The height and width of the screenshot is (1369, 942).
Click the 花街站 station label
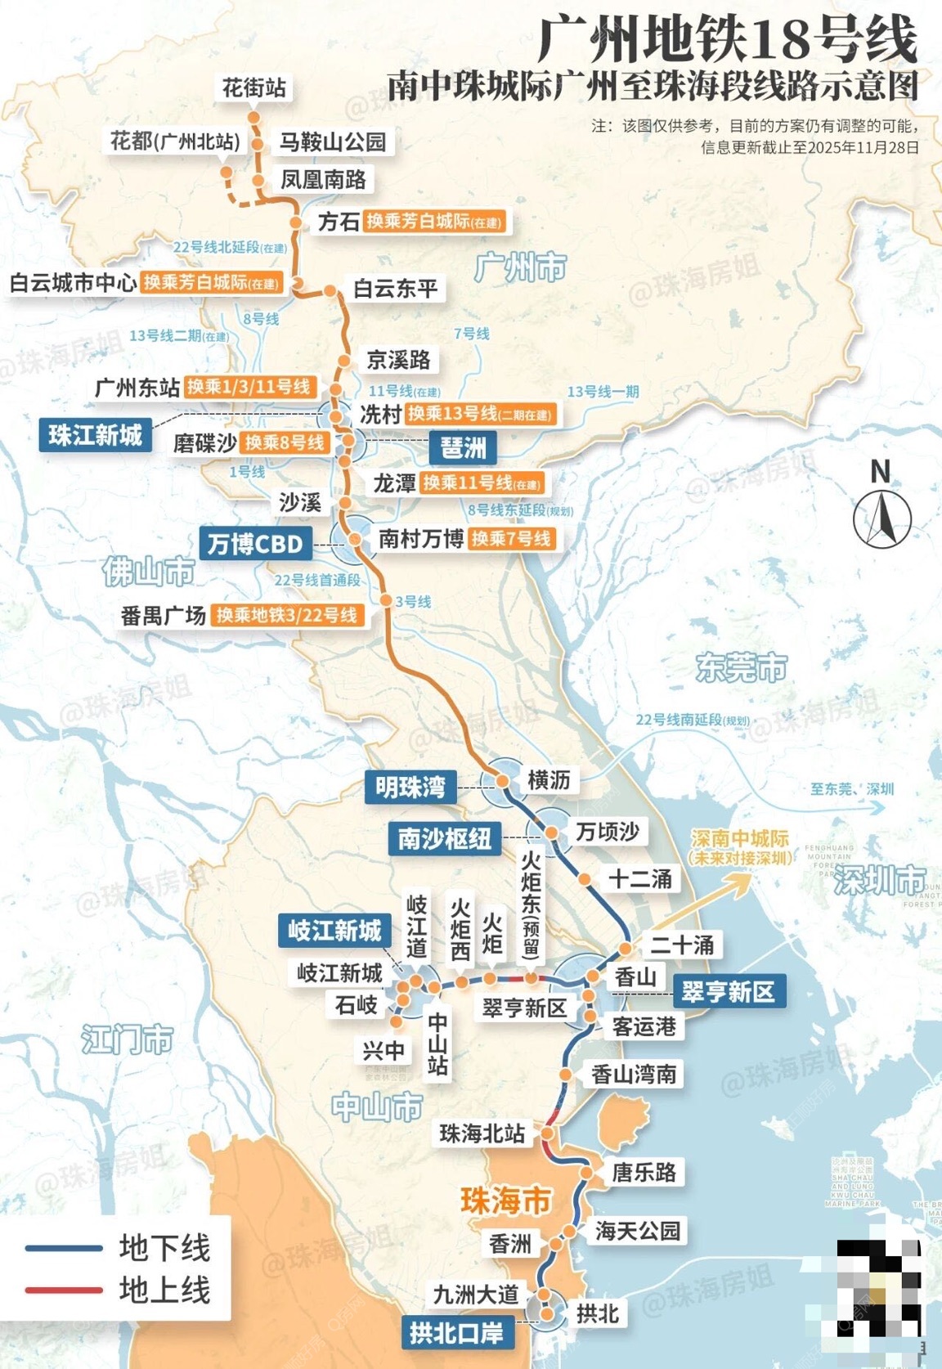click(x=254, y=88)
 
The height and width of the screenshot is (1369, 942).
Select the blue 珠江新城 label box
click(x=96, y=435)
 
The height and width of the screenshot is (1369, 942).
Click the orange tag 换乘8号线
click(x=285, y=443)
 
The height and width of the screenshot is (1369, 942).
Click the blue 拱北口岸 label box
click(x=456, y=1332)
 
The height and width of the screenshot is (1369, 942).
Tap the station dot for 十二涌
click(x=585, y=880)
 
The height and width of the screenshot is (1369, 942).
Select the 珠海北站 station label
click(x=482, y=1133)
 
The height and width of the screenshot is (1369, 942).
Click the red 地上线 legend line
click(x=64, y=1290)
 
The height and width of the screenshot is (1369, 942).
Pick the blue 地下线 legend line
click(x=64, y=1249)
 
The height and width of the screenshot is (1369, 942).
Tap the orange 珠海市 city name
click(x=506, y=1201)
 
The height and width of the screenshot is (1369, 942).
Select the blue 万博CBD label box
click(x=254, y=544)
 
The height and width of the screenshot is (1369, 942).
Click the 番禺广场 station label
click(x=164, y=615)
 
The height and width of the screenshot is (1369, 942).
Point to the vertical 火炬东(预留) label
click(x=531, y=904)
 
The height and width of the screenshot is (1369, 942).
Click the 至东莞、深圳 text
click(x=851, y=789)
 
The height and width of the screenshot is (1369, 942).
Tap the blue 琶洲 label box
click(x=464, y=447)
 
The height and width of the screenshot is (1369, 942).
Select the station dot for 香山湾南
click(x=565, y=1074)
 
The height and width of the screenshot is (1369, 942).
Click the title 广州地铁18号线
click(x=727, y=41)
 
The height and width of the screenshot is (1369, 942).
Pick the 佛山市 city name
click(x=149, y=572)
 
